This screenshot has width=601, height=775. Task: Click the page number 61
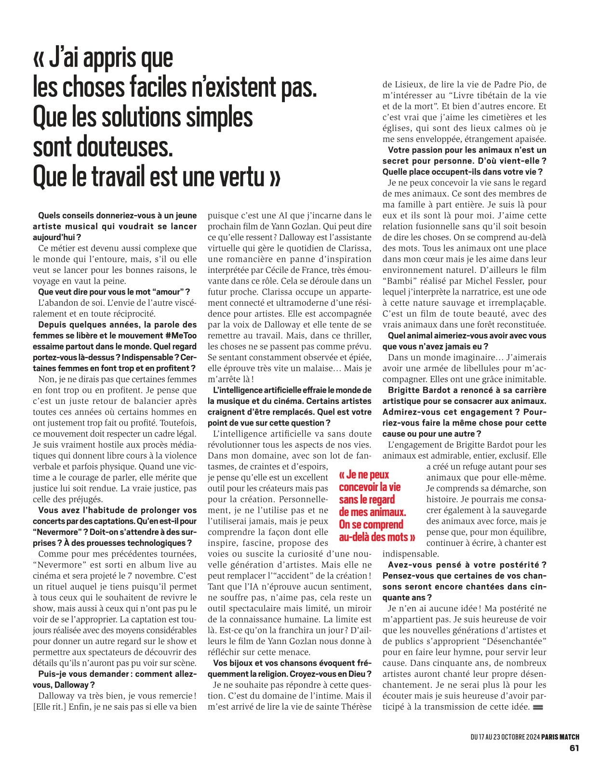click(x=574, y=748)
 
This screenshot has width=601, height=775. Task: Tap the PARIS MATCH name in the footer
click(x=560, y=736)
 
